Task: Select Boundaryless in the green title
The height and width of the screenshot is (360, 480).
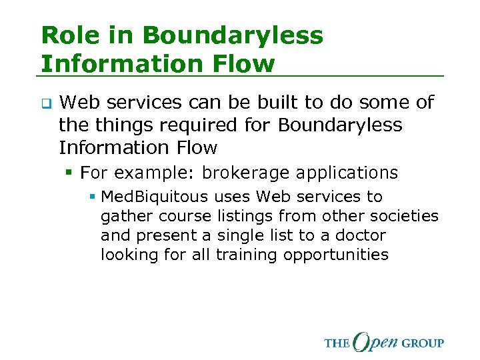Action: tap(231, 35)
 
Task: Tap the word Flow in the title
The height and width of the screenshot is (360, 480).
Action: tap(241, 63)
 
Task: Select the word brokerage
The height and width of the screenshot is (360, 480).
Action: tap(245, 173)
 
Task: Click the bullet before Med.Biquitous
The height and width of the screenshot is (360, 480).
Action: tap(93, 197)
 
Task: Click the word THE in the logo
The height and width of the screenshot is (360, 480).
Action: tap(337, 343)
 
